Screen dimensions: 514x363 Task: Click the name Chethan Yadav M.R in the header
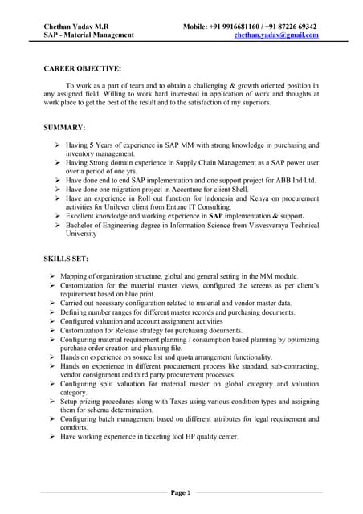(x=79, y=26)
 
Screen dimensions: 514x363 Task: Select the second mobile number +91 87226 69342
(x=292, y=26)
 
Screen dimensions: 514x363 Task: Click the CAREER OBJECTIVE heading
(x=81, y=68)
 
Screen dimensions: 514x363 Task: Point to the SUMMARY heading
(x=64, y=128)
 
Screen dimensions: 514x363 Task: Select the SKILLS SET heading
(x=71, y=259)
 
